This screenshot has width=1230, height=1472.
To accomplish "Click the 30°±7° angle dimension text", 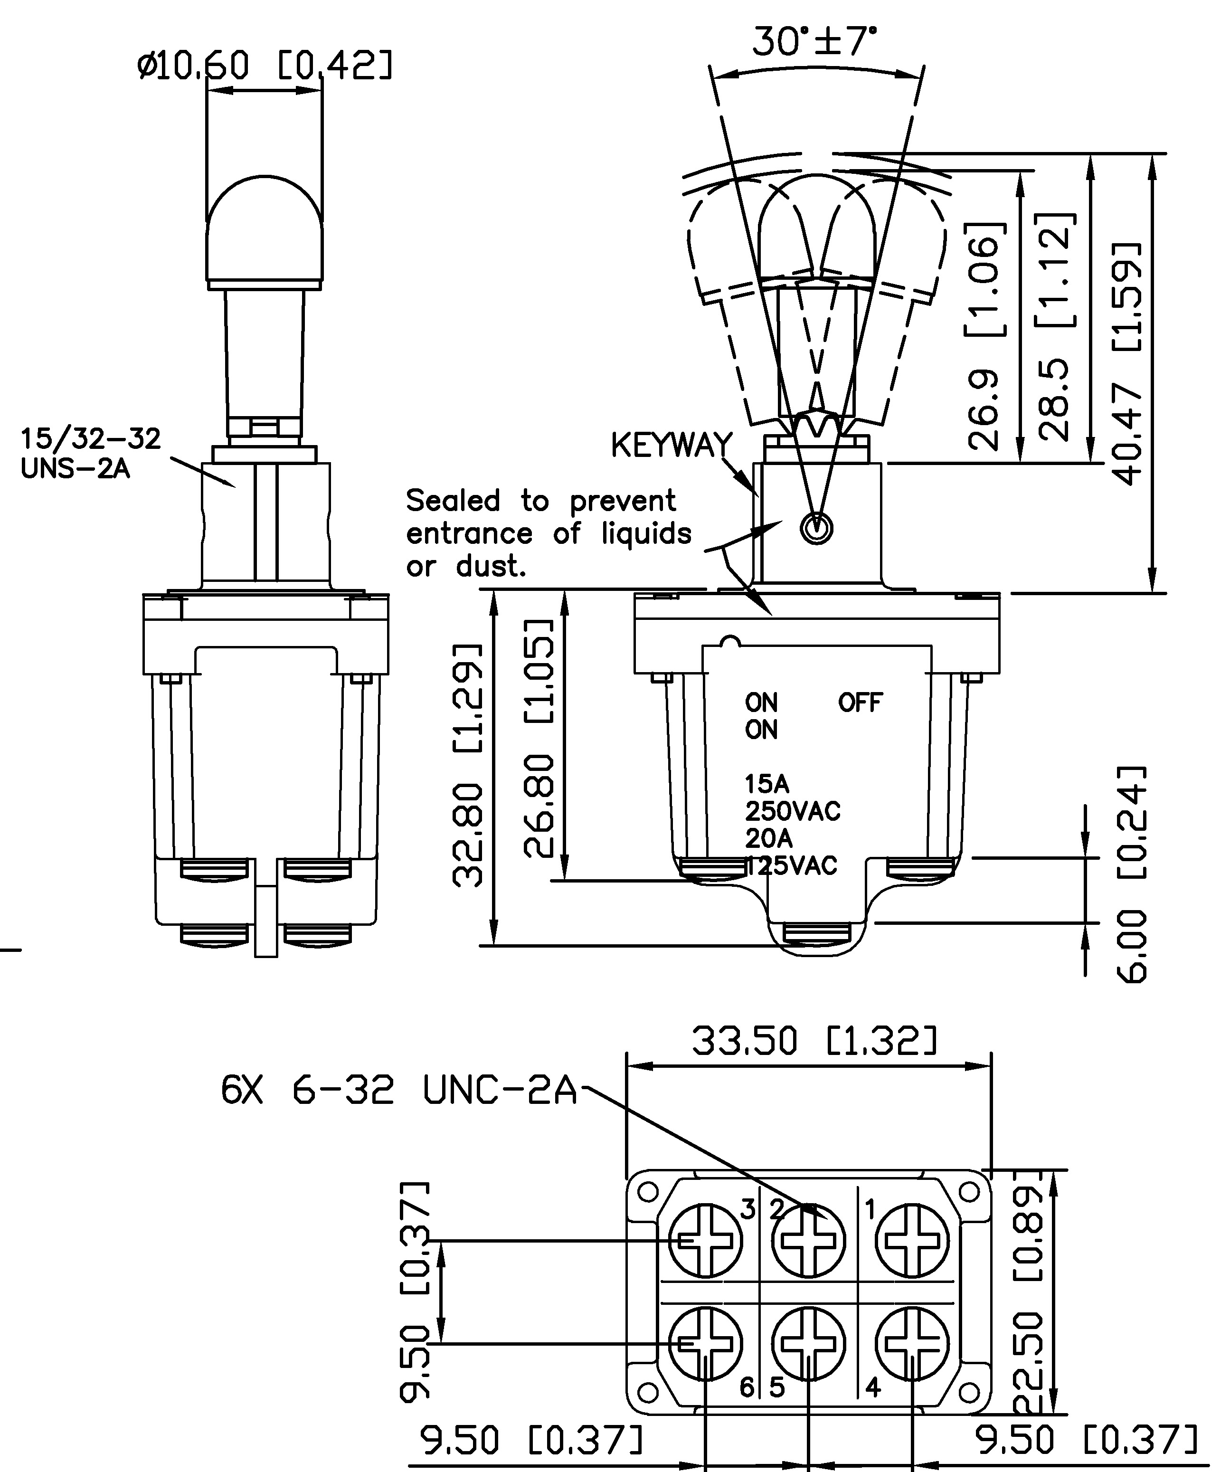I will [814, 42].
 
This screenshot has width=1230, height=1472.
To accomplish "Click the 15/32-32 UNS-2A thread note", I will [90, 453].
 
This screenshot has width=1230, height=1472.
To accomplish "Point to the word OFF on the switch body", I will [860, 703].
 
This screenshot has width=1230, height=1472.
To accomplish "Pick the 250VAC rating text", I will [792, 811].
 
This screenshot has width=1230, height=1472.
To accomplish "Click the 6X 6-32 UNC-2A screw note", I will [398, 1091].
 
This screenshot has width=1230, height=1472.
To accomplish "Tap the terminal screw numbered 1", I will [912, 1241].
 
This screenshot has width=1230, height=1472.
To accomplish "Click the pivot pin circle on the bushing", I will [816, 529].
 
